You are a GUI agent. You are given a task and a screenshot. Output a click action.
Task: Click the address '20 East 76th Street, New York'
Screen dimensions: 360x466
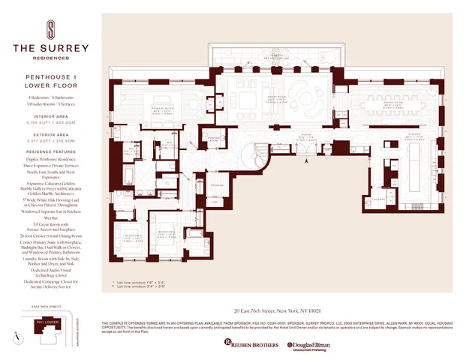pyautogui.click(x=277, y=310)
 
